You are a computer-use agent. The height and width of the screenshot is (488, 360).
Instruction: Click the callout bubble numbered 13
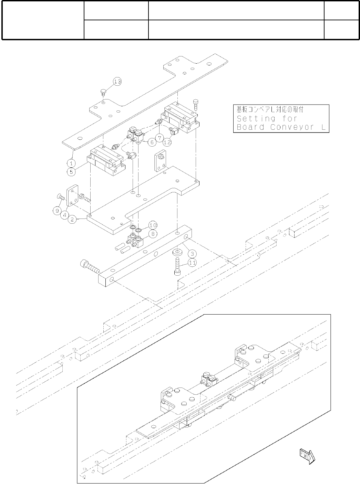click(117, 82)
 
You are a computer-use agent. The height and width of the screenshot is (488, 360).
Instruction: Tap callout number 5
click(71, 171)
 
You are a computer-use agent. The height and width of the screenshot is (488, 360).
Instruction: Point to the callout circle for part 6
click(151, 142)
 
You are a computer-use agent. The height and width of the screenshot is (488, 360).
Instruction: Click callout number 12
click(167, 141)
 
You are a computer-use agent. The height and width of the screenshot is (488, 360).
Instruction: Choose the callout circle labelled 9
click(58, 210)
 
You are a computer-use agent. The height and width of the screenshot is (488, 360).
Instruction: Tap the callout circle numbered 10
click(153, 225)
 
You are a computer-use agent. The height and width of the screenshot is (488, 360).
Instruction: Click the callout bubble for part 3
click(192, 254)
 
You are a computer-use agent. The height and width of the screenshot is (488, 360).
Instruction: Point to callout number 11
click(192, 263)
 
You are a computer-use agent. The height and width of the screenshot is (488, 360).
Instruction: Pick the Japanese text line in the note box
click(270, 110)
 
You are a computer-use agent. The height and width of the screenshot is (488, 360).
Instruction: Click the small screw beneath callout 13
click(103, 91)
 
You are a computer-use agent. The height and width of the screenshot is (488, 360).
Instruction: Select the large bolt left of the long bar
click(89, 266)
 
